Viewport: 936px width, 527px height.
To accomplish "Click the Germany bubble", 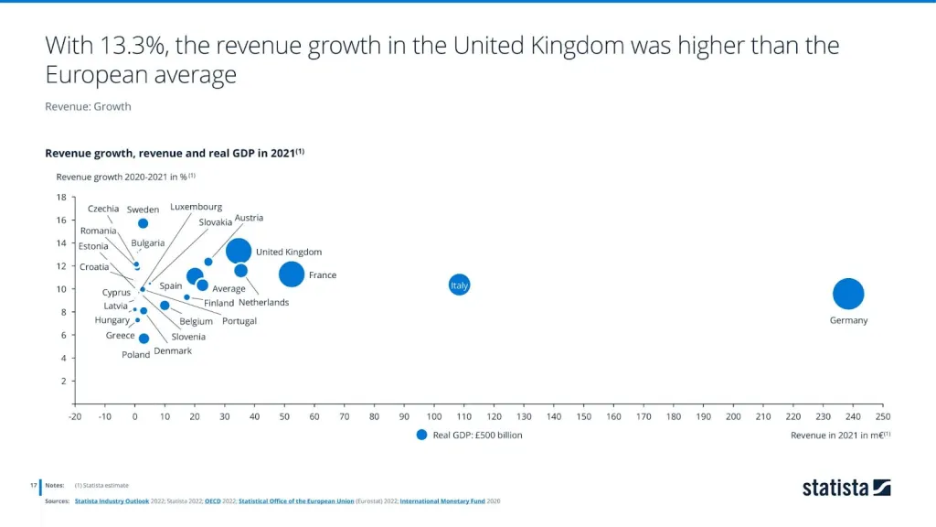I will pos(848,294).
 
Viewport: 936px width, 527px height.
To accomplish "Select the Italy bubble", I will pos(460,285).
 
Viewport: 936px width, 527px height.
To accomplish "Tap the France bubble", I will pos(292,274).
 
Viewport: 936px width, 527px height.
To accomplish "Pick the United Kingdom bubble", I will pos(239,251).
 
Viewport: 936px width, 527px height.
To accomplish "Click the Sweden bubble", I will pos(144,223).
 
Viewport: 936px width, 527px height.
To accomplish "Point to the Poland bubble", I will pos(144,339).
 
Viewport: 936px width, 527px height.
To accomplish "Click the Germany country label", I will pos(848,320).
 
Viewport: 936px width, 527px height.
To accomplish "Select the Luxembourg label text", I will pos(196,208).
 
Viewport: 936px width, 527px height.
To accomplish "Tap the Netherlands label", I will pos(263,303).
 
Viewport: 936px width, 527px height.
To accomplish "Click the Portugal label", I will pos(239,321).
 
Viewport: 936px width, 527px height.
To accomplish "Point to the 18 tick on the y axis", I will pos(61,197).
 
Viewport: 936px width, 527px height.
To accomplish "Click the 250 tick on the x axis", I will pos(882,416).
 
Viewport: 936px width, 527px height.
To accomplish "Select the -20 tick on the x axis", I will pos(75,416).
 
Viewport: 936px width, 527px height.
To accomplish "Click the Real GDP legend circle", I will pos(421,436).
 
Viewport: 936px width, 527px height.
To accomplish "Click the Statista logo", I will pos(846,488).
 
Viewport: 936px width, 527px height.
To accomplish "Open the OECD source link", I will pos(213,501).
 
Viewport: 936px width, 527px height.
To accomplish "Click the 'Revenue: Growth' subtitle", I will pos(88,106).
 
